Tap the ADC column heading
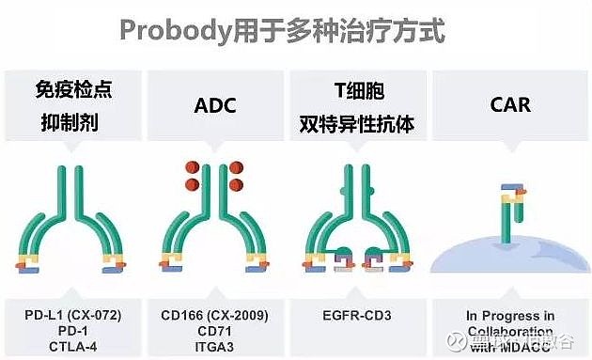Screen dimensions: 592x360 pos(215,104)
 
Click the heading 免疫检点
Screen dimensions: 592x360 pos(73,91)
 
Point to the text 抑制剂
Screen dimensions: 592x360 pos(73,122)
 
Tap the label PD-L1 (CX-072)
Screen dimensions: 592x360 pos(73,312)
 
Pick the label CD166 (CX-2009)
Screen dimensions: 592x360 pos(215,312)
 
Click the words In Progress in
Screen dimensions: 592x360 pos(510,315)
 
